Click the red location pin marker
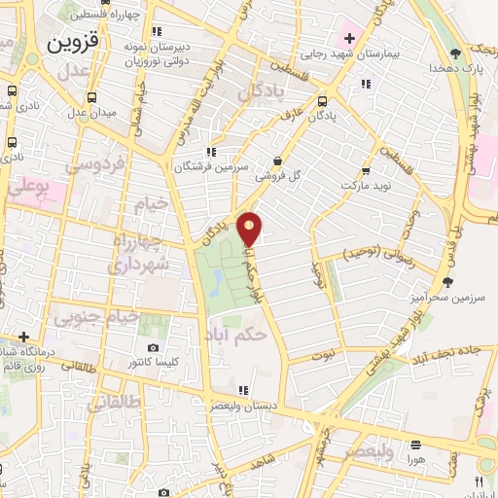click(251, 229)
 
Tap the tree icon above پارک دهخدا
click(456, 53)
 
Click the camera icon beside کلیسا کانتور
click(153, 347)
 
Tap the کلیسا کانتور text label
click(153, 363)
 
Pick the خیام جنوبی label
click(96, 317)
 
